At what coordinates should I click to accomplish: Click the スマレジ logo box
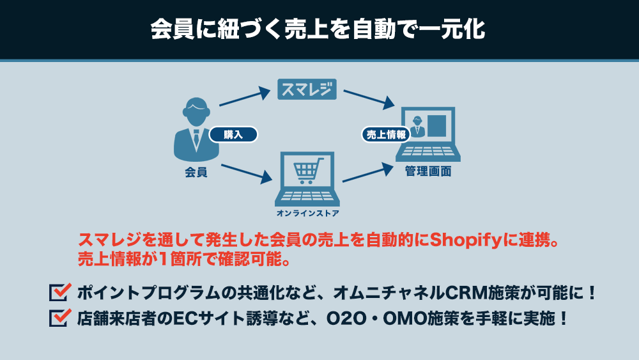point(307,90)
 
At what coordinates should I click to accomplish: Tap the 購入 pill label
point(233,134)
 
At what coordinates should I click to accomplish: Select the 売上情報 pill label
point(386,134)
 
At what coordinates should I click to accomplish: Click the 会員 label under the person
point(196,172)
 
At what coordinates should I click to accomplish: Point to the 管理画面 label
point(428,171)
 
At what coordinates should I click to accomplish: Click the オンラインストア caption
point(308,213)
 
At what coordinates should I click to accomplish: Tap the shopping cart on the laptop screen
point(308,171)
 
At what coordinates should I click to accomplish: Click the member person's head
point(196,111)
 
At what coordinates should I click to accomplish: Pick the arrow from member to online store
point(247,173)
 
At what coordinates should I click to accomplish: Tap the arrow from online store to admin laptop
point(368,173)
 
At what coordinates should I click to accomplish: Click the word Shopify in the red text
point(465,240)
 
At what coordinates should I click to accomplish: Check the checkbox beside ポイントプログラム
point(60,292)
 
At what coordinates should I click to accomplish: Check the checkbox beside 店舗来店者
point(60,318)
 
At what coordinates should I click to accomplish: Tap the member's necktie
point(196,138)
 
